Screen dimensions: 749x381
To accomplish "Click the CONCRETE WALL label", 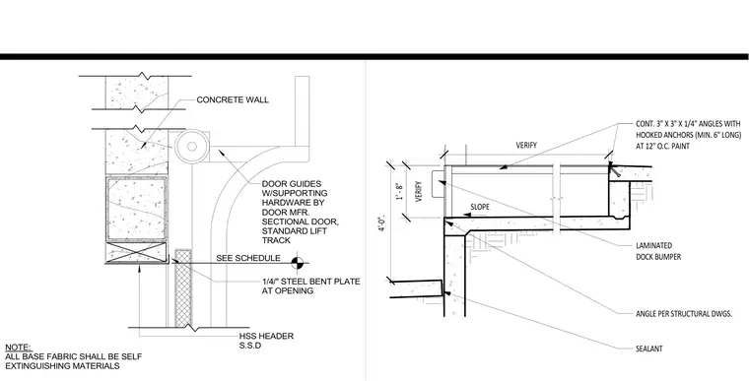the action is (x=233, y=99).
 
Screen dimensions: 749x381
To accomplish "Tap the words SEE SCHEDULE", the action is (x=248, y=258).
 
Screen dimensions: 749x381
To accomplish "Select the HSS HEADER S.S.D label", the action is (x=266, y=341).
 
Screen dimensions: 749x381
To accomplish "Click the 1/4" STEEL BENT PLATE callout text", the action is (x=311, y=286).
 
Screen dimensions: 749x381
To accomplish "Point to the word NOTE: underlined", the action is (x=19, y=348).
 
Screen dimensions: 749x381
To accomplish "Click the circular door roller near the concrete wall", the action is (x=191, y=147).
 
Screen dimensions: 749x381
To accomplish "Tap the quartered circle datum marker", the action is (x=297, y=262).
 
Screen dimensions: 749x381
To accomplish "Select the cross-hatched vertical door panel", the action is (x=183, y=287).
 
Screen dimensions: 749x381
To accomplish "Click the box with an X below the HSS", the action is (x=136, y=252).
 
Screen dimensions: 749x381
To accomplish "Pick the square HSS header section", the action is (x=137, y=209).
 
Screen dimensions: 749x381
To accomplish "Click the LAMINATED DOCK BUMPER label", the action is (x=658, y=251).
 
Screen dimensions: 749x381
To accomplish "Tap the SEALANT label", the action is (x=649, y=349).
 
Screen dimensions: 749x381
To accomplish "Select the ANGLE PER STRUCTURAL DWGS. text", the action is (x=684, y=314).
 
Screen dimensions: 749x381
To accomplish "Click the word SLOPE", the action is (x=480, y=207).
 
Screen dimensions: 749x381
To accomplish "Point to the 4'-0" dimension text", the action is (x=381, y=224).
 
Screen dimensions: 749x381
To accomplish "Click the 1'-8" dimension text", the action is (x=400, y=191).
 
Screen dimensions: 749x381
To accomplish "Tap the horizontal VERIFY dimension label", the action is (x=526, y=145).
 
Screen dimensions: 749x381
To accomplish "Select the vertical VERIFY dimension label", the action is (x=419, y=191).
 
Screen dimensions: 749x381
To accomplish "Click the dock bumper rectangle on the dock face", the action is (x=438, y=184).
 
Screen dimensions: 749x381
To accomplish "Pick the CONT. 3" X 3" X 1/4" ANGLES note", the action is (x=688, y=135).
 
